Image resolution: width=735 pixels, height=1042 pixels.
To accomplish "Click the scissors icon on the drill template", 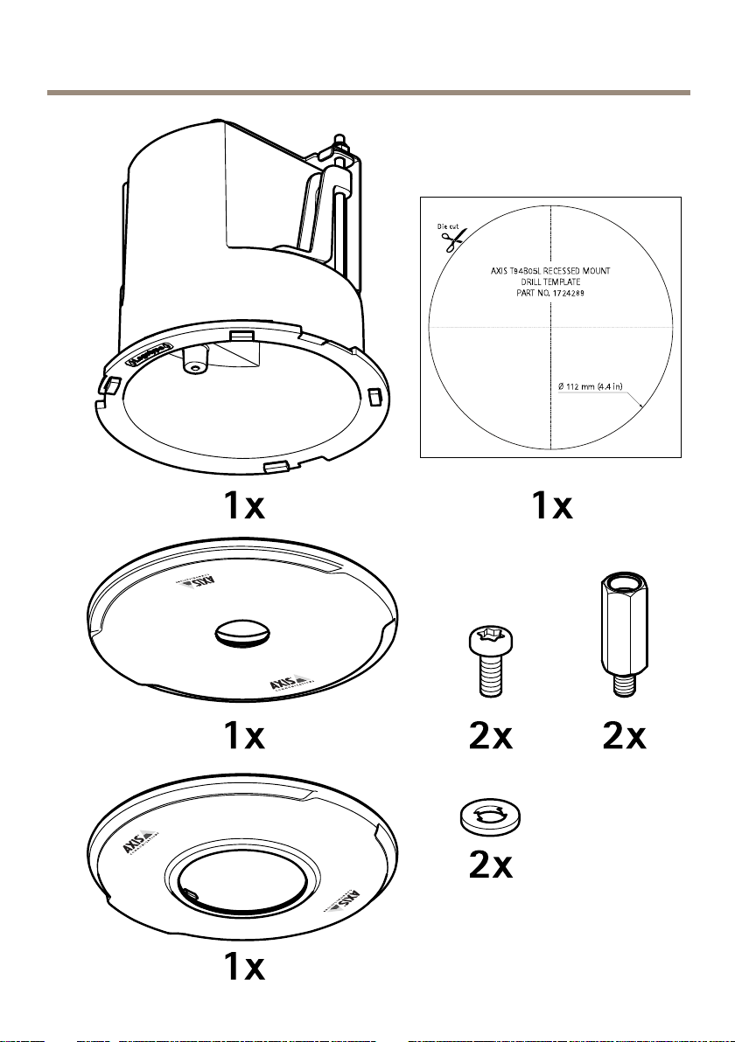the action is coord(451,241).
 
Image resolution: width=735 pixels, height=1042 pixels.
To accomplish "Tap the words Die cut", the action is coord(447,226).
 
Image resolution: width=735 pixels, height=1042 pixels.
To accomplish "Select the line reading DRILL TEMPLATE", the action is coord(550,281).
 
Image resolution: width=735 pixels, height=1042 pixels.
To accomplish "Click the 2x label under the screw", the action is coord(490,738).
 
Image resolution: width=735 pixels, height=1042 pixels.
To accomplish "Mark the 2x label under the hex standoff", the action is coord(624,738).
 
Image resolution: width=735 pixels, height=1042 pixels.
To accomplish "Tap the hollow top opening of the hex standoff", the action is coord(624,583).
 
